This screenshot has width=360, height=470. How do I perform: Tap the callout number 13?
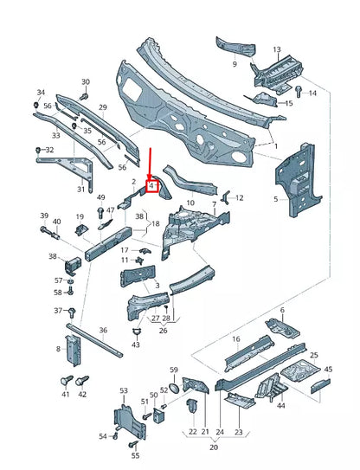point(276,50)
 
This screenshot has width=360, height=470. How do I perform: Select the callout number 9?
point(234,63)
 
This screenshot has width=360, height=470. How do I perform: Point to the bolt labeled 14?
point(298,91)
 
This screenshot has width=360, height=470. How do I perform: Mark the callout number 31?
point(81,190)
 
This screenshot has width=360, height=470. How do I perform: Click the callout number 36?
point(103,330)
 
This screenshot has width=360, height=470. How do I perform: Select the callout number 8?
point(59,349)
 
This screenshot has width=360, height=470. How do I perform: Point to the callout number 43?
point(135,345)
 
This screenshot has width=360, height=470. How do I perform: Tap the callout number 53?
point(124,391)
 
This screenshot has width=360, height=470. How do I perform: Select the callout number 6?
point(282,310)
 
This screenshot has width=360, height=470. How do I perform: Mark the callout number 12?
point(240,198)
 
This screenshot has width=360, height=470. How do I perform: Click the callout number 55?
point(135,454)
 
